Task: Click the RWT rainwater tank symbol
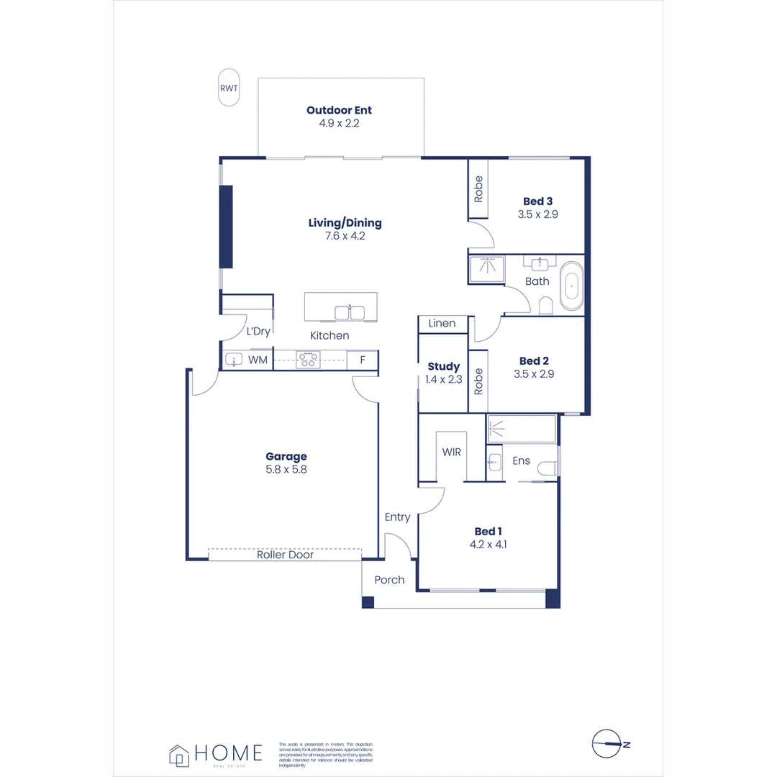(229, 88)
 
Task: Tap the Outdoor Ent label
(339, 110)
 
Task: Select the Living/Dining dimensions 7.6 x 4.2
(345, 235)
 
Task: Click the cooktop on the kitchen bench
(309, 359)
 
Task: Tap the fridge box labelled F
(362, 360)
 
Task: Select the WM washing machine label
(258, 360)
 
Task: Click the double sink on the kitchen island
(350, 312)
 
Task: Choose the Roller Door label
(285, 555)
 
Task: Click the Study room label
(443, 367)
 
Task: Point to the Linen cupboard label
(442, 324)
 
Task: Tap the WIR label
(451, 452)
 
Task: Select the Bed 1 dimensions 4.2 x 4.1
(488, 545)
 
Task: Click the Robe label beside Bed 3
(478, 188)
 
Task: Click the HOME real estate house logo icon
(178, 755)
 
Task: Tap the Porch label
(389, 580)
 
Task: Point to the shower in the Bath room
(487, 270)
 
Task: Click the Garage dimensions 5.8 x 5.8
(286, 469)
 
